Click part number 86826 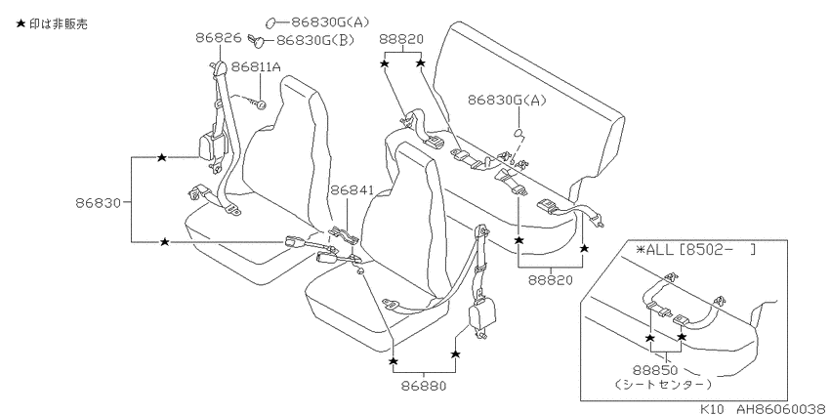pyautogui.click(x=219, y=37)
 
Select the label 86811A pyautogui.click(x=256, y=67)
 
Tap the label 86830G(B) pyautogui.click(x=315, y=40)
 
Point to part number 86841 pyautogui.click(x=352, y=190)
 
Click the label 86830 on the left pyautogui.click(x=99, y=202)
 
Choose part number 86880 pyautogui.click(x=424, y=386)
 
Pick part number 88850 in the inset pyautogui.click(x=655, y=370)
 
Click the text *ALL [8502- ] pyautogui.click(x=696, y=249)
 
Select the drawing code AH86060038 pyautogui.click(x=782, y=408)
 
